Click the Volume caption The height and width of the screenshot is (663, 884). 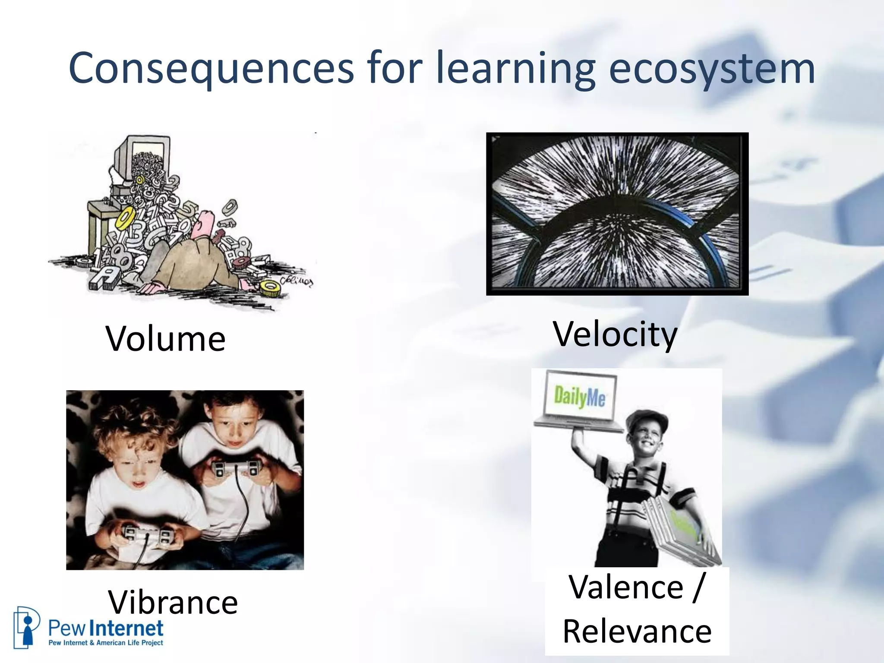165,339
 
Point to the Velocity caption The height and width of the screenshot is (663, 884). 615,335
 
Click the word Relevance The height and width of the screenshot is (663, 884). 637,631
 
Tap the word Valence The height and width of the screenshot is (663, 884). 626,587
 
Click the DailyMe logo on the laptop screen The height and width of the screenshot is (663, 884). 579,396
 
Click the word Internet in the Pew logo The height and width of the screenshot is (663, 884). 126,628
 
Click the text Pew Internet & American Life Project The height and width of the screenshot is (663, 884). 106,643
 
